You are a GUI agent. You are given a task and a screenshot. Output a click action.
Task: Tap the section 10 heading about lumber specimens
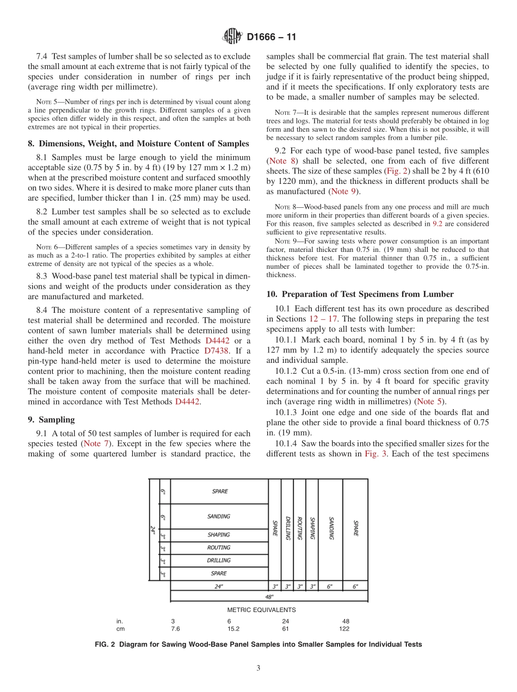[x=360, y=294]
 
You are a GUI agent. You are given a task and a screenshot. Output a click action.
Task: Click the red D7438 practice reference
[x=217, y=351]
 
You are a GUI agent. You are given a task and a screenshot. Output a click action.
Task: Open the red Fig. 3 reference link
[x=376, y=454]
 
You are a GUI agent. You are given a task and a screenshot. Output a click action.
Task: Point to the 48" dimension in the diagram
[x=269, y=596]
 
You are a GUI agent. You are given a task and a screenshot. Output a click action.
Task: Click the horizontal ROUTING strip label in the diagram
[x=219, y=548]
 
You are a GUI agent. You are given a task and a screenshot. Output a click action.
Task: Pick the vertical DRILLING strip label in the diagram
[x=287, y=528]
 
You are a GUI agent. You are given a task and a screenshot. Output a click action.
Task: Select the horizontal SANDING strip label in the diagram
[x=219, y=516]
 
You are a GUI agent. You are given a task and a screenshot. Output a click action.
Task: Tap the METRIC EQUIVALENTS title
[x=261, y=610]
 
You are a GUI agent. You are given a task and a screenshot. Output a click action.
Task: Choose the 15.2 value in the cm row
[x=233, y=628]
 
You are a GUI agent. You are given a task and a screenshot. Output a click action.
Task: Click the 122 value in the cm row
[x=344, y=628]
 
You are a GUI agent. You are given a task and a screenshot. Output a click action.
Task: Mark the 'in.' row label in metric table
[x=120, y=621]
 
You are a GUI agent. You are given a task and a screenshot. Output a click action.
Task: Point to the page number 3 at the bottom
[x=258, y=668]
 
